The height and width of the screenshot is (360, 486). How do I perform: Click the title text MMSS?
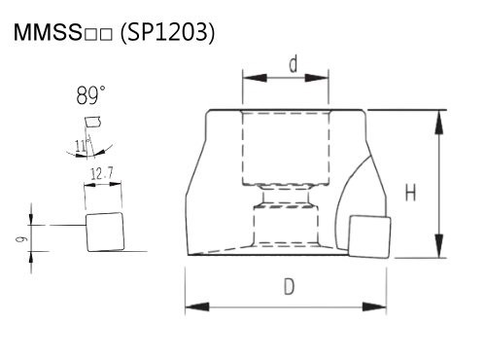click(x=48, y=32)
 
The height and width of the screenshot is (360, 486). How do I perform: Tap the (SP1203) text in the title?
click(x=167, y=32)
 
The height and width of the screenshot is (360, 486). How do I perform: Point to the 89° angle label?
click(x=90, y=95)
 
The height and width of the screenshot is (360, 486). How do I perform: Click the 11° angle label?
click(x=82, y=146)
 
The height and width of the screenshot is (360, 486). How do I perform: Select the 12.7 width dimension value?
click(x=102, y=174)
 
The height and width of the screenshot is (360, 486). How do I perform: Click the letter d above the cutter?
click(x=293, y=64)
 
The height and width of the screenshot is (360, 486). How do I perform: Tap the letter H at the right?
click(x=411, y=193)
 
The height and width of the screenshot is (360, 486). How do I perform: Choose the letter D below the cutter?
click(x=289, y=287)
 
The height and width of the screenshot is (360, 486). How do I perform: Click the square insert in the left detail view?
click(x=105, y=232)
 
